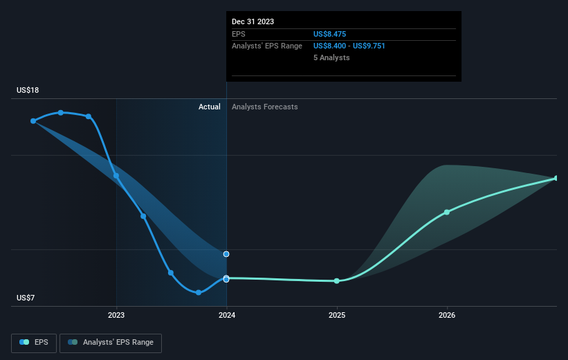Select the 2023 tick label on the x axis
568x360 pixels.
click(x=116, y=316)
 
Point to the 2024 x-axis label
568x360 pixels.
click(x=227, y=316)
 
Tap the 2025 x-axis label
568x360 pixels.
click(x=337, y=316)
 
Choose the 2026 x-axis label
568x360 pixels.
click(x=447, y=316)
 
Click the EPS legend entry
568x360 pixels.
click(x=34, y=342)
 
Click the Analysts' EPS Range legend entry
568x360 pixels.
click(x=111, y=342)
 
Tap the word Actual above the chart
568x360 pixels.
click(x=209, y=107)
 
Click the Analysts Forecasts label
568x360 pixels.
click(x=265, y=107)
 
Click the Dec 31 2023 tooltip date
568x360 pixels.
click(x=253, y=21)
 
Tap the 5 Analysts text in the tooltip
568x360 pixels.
click(x=331, y=57)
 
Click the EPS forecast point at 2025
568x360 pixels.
click(x=337, y=281)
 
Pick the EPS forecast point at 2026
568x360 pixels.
click(x=447, y=212)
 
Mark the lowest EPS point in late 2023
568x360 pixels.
click(x=199, y=292)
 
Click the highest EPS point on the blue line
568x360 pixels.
click(x=61, y=112)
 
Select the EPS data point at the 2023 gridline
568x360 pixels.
click(x=116, y=176)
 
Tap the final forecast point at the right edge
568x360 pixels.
click(x=556, y=179)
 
